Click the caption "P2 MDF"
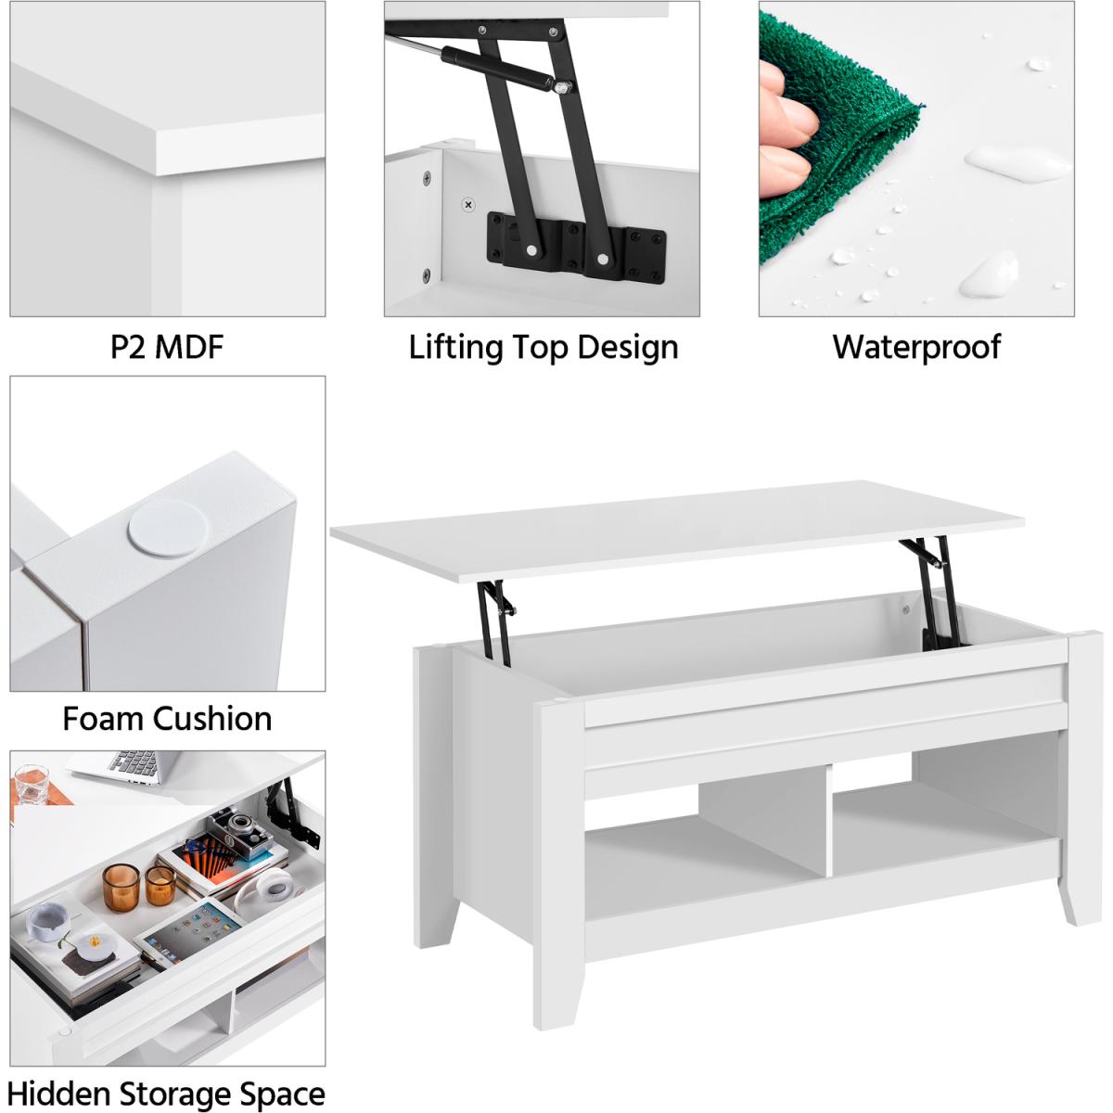(167, 347)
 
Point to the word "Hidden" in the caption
(58, 1079)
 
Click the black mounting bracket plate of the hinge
(576, 244)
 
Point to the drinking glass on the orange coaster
(32, 784)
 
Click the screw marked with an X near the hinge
(469, 204)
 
